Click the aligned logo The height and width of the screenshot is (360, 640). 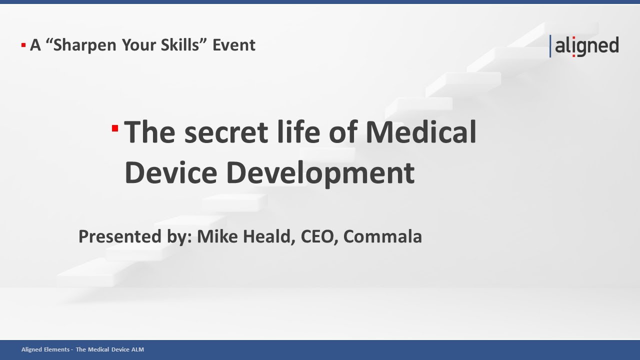click(585, 46)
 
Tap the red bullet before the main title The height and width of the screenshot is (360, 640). click(115, 129)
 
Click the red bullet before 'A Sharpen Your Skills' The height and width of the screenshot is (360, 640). click(23, 45)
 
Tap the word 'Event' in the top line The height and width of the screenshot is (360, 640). click(234, 45)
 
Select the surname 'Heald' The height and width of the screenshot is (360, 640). click(269, 236)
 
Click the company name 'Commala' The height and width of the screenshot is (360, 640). click(382, 236)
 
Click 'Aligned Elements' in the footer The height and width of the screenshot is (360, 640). click(45, 349)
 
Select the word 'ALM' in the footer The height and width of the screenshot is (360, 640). click(137, 349)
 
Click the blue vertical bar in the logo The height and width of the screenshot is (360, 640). click(550, 46)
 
